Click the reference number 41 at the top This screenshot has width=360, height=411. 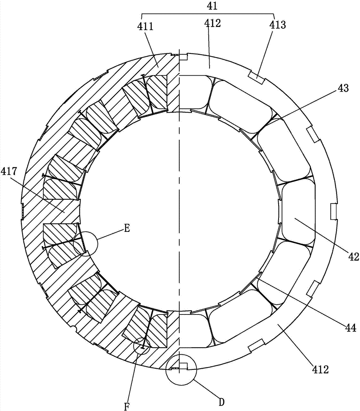212,6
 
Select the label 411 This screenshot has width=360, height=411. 145,27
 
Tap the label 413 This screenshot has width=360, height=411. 278,25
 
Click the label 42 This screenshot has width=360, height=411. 354,257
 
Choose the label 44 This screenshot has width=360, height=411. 351,328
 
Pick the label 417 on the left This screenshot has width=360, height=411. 9,172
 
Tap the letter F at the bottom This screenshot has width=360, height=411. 127,406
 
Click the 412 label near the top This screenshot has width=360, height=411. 212,23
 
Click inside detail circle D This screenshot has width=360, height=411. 181,370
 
